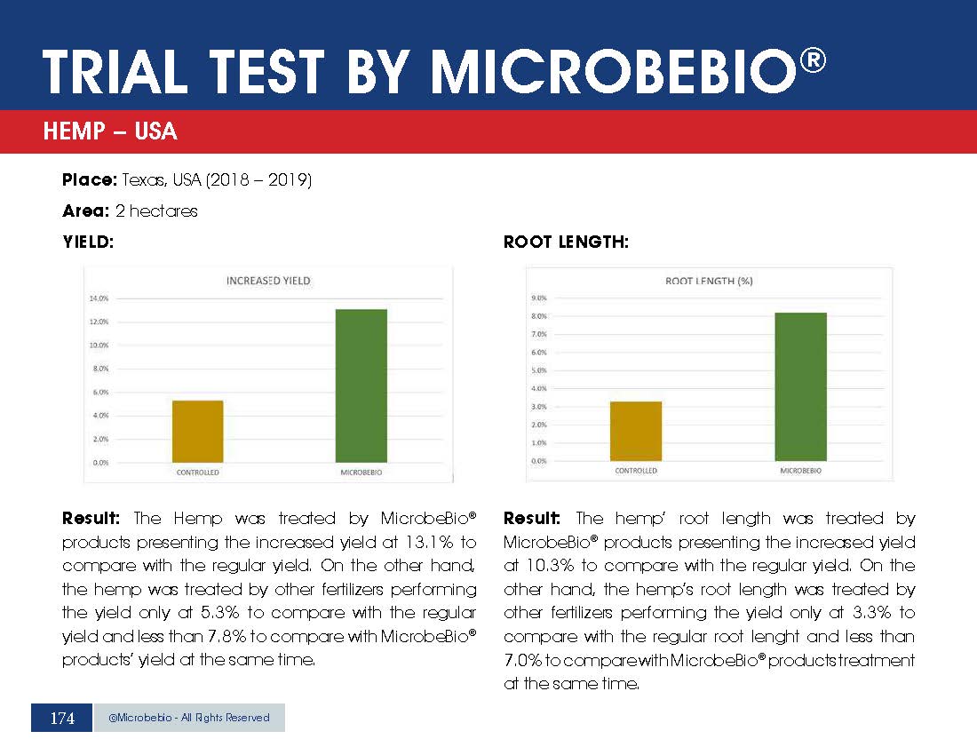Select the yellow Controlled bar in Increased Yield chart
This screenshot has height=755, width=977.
coord(197,431)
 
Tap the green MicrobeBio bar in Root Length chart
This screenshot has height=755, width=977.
coord(800,386)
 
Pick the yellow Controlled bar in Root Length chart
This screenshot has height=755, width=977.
coord(636,431)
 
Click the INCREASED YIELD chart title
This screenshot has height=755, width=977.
coord(268,281)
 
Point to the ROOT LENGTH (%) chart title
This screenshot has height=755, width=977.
coord(709,281)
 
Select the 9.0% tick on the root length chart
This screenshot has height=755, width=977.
coord(538,298)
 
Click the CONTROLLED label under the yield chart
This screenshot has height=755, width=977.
coord(197,473)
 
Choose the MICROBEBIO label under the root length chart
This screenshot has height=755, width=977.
coord(800,471)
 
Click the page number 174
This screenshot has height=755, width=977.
coord(62,718)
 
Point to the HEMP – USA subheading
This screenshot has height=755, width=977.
coord(110,132)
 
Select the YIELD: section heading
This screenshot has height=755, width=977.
coord(88,242)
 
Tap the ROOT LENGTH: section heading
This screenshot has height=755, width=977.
coord(566,242)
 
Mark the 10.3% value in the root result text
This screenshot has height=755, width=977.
coord(537,566)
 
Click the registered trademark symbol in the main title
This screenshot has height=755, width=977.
coord(811,61)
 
